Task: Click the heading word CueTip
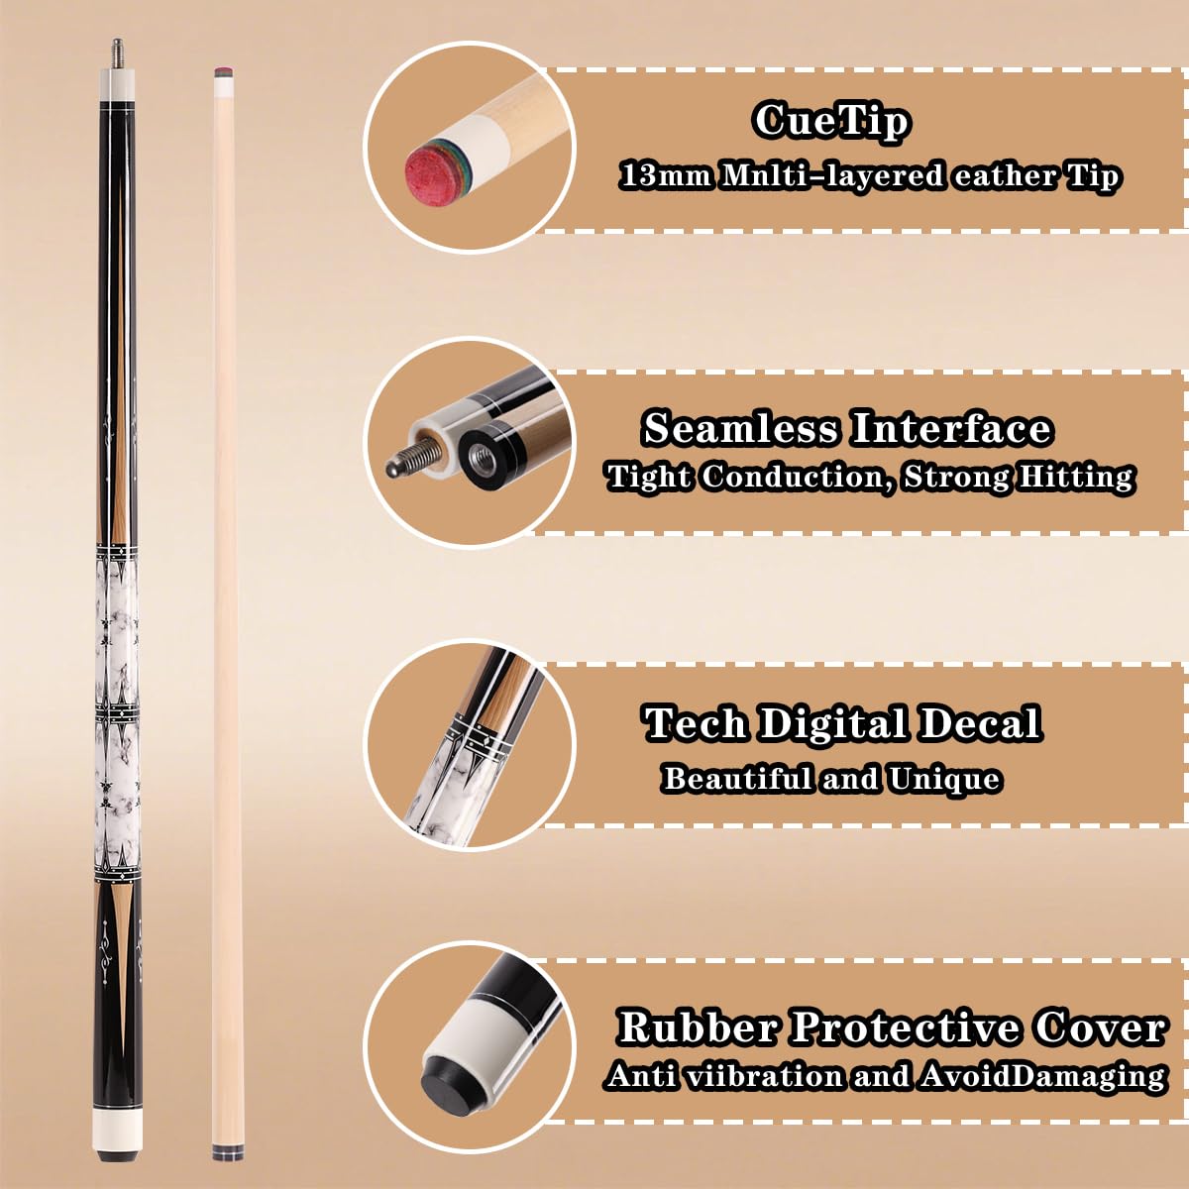pyautogui.click(x=830, y=121)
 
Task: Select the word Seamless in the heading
pyautogui.click(x=740, y=429)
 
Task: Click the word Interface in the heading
pyautogui.click(x=950, y=428)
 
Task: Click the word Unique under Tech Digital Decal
pyautogui.click(x=943, y=779)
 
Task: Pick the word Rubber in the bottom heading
pyautogui.click(x=698, y=1027)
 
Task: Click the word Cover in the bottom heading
pyautogui.click(x=1100, y=1027)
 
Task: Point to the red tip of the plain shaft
pyautogui.click(x=224, y=71)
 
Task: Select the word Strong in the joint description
pyautogui.click(x=956, y=477)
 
